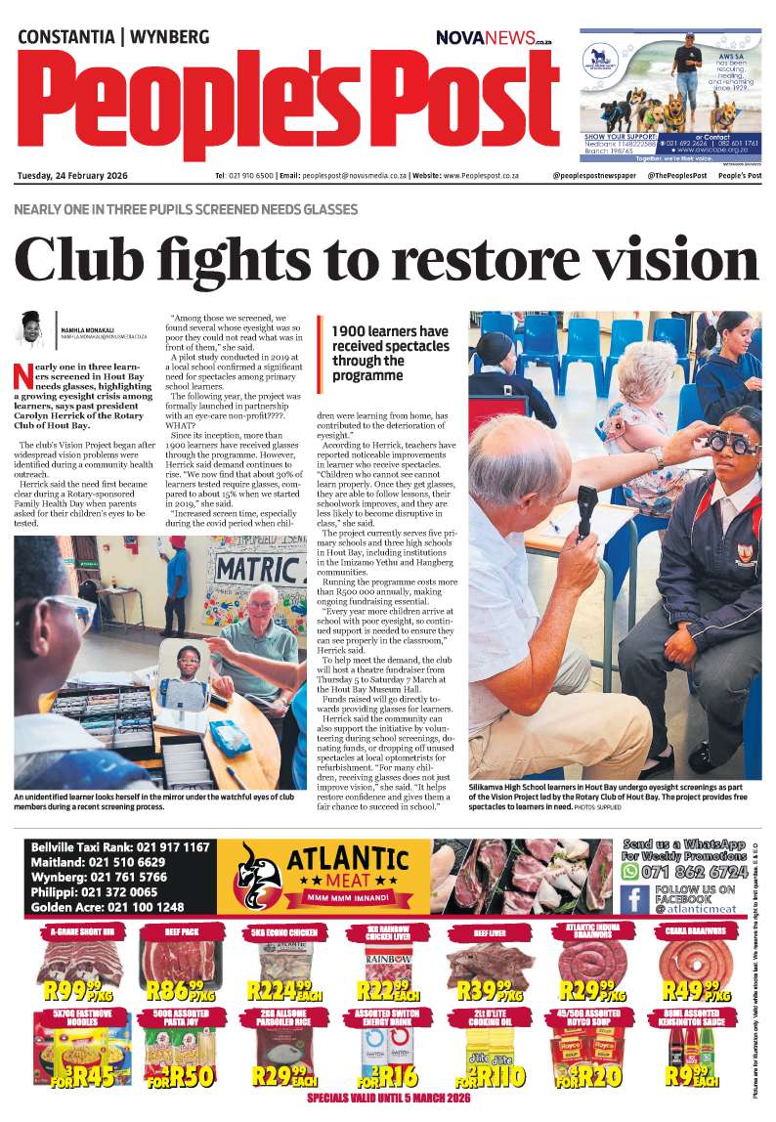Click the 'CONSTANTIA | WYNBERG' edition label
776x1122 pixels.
(x=113, y=37)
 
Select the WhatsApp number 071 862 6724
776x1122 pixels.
(x=692, y=870)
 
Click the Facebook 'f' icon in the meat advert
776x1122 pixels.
(x=634, y=899)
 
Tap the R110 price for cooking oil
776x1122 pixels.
(x=496, y=1076)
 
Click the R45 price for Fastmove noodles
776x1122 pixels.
(x=82, y=1076)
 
